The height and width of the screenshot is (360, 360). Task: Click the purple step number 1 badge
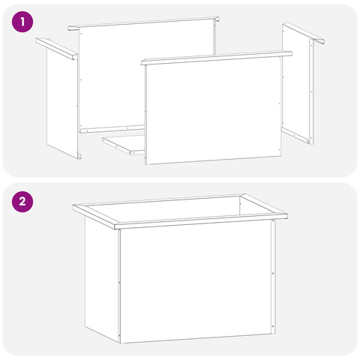22,22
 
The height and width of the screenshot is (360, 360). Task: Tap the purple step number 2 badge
22,201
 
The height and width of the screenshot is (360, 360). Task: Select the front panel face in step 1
213,111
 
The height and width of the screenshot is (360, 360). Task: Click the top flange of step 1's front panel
217,58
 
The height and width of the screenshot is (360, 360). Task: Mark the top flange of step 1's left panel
56,49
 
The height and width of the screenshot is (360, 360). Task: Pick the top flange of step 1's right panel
304,33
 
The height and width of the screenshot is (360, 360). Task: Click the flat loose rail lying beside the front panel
124,145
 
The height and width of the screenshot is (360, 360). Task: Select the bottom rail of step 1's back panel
112,129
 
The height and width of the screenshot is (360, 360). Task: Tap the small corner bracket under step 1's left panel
79,155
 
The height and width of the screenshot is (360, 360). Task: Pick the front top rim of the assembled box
201,221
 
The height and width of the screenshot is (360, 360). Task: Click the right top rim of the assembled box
264,206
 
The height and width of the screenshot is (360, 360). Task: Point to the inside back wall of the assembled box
163,208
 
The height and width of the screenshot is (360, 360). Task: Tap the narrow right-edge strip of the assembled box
273,276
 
